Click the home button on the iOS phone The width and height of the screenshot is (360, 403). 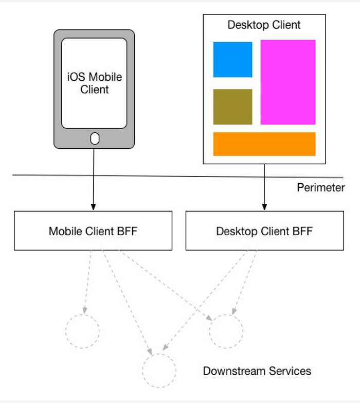pos(95,138)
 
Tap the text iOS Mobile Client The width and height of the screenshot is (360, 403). pos(95,83)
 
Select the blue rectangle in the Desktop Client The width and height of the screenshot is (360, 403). pos(232,59)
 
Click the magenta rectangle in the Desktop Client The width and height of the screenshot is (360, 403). pos(287,82)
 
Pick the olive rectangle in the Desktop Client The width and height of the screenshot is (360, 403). pos(232,107)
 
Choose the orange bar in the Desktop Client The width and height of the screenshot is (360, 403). pos(264,144)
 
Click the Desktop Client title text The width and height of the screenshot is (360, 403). pos(264,25)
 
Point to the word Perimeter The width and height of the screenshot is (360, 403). pos(320,187)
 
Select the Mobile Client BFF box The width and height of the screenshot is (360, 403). pos(93,231)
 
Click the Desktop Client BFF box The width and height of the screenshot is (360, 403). pos(264,231)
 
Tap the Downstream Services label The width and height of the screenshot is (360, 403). pos(257,371)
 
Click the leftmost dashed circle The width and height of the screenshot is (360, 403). pos(82,331)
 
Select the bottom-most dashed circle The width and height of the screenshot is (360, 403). pos(159,370)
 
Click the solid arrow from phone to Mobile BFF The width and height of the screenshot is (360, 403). pos(94,180)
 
